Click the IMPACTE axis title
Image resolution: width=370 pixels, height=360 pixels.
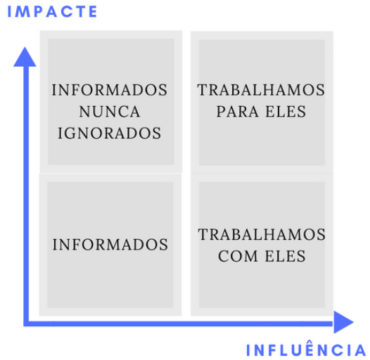(x=52, y=11)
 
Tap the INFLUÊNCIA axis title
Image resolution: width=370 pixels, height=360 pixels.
(x=306, y=349)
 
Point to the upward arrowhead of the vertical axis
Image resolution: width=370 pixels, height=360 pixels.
(x=25, y=57)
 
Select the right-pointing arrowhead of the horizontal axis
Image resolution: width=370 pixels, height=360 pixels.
(x=343, y=322)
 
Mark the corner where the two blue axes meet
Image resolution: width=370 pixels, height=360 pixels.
(x=26, y=323)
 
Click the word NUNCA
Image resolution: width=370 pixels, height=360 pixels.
(x=110, y=112)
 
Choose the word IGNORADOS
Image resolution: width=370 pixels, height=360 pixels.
(x=110, y=133)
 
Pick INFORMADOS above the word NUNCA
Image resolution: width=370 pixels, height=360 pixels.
(x=110, y=90)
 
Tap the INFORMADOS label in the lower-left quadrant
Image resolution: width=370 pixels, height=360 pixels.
(x=110, y=245)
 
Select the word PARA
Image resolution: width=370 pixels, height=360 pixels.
(x=237, y=112)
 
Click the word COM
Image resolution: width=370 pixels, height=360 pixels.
(x=238, y=256)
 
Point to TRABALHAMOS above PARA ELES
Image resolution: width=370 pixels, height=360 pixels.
(x=261, y=90)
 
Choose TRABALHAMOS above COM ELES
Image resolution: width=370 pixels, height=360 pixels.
(x=262, y=235)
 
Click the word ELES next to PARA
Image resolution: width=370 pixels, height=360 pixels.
(x=286, y=112)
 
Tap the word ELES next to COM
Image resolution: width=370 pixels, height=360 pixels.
(x=286, y=256)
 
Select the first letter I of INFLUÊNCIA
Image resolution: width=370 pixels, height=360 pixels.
(x=248, y=350)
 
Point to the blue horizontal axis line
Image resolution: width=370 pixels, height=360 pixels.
(x=179, y=323)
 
